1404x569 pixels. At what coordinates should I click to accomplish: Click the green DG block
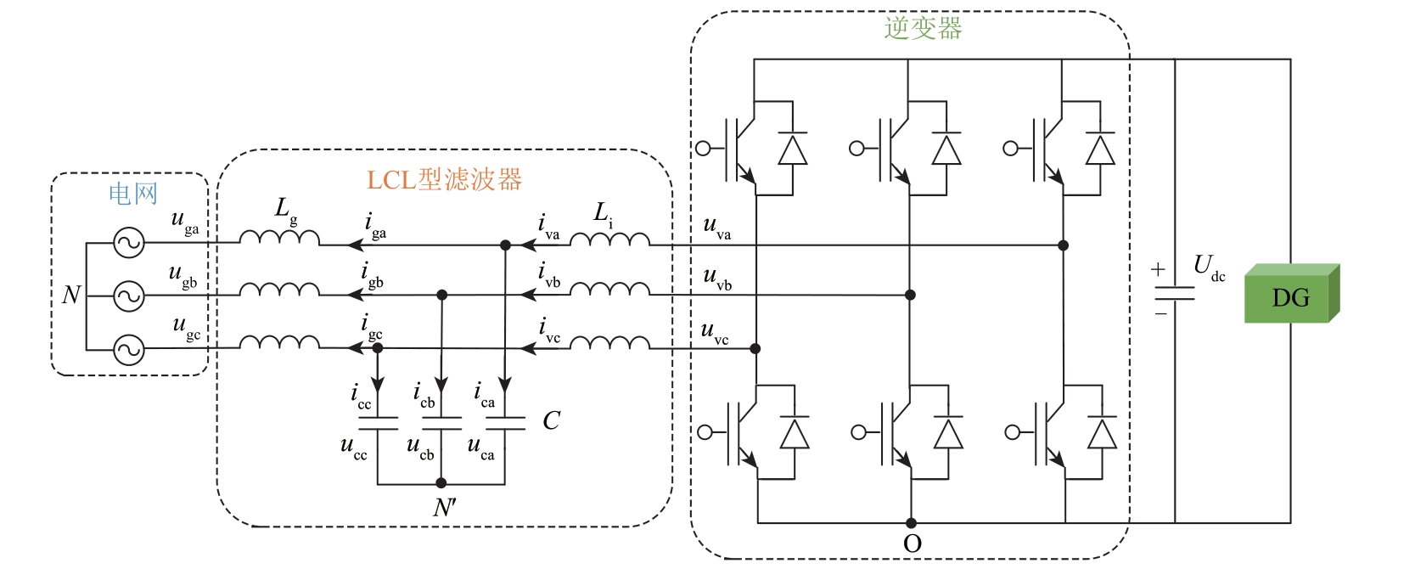click(x=1290, y=296)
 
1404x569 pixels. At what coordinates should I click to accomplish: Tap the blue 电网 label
click(x=133, y=194)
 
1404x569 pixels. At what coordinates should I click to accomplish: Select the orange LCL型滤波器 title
click(x=444, y=180)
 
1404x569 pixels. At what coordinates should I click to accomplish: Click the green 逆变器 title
click(x=923, y=28)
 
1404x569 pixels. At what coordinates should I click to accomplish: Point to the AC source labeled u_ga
click(x=129, y=244)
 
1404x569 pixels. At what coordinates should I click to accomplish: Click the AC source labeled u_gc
click(x=129, y=349)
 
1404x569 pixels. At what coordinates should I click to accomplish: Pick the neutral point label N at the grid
click(x=71, y=295)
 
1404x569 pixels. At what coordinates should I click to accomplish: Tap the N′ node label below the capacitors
click(x=445, y=507)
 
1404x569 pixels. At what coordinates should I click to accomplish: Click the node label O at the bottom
click(x=913, y=544)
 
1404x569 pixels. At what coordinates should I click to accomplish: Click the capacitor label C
click(x=551, y=420)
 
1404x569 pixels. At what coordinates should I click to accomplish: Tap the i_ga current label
click(x=375, y=227)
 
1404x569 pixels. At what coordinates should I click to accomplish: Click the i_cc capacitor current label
click(x=361, y=397)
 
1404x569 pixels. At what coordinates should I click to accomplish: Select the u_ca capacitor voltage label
click(x=480, y=448)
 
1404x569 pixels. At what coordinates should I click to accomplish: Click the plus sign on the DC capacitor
click(x=1158, y=269)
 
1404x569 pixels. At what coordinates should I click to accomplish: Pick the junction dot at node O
click(x=911, y=523)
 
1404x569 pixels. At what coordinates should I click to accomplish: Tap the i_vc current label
click(x=549, y=331)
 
